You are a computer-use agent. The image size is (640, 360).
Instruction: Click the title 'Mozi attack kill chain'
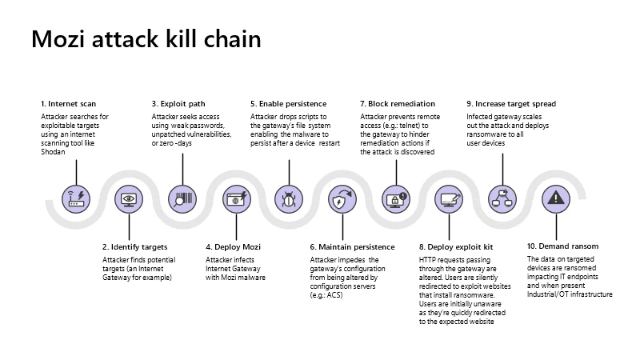coord(146,39)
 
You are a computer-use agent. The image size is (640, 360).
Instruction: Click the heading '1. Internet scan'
coord(69,104)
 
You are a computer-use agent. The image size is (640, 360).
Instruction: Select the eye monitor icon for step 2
coord(128,197)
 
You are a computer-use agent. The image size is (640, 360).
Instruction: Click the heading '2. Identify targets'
coord(134,247)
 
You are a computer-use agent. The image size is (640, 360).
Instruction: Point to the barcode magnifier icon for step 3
coord(182,197)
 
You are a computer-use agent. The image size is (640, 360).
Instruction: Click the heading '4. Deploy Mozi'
coord(233,247)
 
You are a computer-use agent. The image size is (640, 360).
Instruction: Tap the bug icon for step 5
coord(288,197)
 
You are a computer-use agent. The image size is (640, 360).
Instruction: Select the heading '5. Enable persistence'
coord(288,104)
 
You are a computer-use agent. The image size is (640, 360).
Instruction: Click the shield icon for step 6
coord(341,197)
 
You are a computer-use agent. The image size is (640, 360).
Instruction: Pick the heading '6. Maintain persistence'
coord(352,247)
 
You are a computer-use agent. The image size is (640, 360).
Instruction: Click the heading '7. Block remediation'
coord(398,104)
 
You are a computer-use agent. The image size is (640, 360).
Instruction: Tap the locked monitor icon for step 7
coord(395,197)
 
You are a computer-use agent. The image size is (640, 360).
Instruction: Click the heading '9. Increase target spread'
coord(511,104)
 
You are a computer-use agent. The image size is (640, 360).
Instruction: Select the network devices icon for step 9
coord(502,197)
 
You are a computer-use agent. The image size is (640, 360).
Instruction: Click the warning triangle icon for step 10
coord(555,197)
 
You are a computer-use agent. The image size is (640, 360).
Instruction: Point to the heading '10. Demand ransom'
coord(562,246)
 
